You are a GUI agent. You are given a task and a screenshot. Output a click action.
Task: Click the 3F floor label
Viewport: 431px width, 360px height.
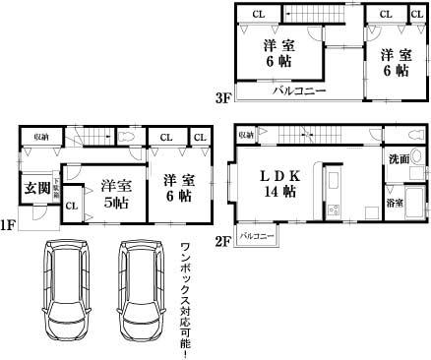coord(223,97)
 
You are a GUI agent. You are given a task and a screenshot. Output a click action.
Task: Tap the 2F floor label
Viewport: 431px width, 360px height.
coord(224,240)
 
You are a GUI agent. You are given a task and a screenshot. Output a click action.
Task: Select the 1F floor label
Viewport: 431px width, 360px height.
coord(8,225)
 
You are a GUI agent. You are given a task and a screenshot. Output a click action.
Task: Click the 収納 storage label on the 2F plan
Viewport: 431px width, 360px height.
coord(246,134)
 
